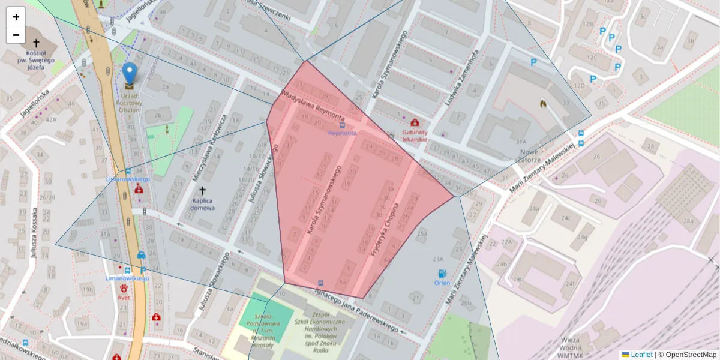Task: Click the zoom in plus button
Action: [16, 17]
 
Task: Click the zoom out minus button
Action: [16, 35]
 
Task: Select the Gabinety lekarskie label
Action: [415, 135]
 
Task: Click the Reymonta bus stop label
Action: [342, 133]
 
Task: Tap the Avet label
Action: [124, 296]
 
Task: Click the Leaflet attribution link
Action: [641, 355]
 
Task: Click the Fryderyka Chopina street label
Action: [385, 231]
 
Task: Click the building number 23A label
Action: [437, 259]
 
